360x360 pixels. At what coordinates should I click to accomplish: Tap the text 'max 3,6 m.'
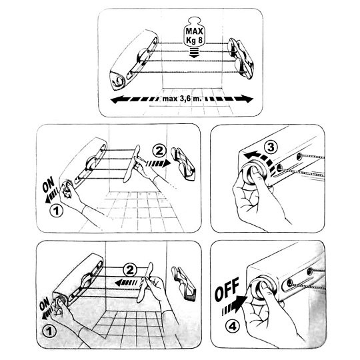(182, 99)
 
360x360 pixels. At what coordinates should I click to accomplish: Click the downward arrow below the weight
(194, 53)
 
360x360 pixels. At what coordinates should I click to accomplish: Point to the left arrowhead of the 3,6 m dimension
(117, 99)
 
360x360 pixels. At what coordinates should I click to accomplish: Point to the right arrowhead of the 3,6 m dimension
(246, 99)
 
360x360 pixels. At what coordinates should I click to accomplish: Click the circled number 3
(271, 147)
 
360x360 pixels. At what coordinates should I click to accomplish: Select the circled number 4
(233, 327)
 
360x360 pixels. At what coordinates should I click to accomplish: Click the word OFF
(227, 289)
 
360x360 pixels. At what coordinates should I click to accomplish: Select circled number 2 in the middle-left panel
(159, 151)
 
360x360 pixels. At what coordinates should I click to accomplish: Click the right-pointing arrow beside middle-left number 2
(159, 163)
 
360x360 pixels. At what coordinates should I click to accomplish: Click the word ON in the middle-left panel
(49, 184)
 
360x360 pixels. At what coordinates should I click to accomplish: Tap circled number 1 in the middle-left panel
(57, 210)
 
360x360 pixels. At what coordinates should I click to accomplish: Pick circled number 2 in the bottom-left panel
(130, 270)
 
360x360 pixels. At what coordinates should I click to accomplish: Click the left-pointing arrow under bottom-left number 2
(126, 283)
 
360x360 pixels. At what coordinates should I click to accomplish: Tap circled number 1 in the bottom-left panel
(49, 332)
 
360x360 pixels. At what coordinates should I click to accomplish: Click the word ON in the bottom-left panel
(44, 303)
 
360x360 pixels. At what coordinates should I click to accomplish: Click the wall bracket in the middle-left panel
(183, 164)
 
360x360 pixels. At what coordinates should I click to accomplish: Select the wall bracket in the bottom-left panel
(184, 284)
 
